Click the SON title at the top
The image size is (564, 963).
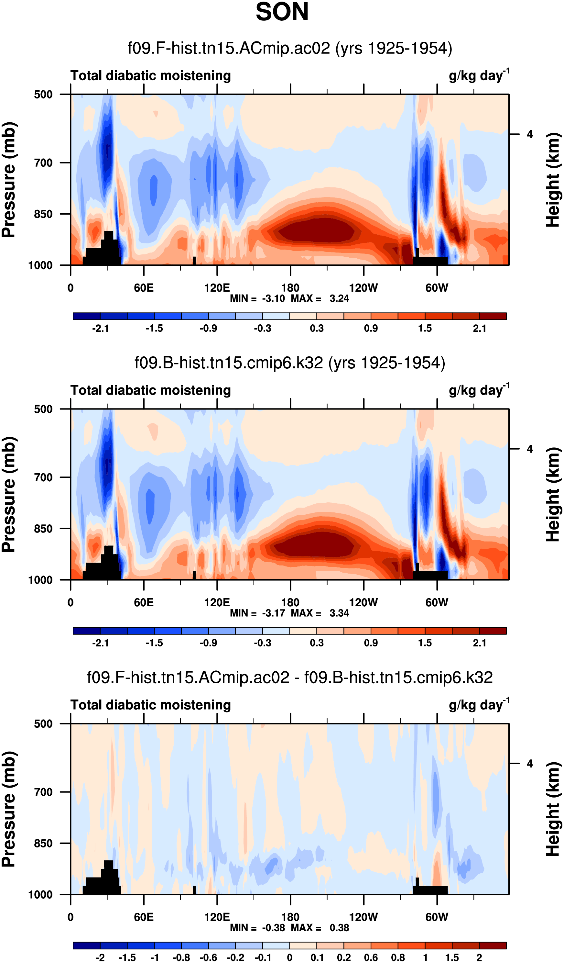[282, 12]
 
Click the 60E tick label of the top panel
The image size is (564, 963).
[144, 288]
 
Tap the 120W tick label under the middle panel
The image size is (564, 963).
[363, 603]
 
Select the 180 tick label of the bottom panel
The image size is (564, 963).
[290, 917]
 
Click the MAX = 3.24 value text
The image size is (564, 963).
[320, 298]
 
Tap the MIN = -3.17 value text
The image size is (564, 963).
[257, 613]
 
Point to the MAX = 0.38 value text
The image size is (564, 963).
[320, 928]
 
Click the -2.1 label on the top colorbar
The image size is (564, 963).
[101, 329]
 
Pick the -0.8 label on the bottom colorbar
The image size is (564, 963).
[181, 957]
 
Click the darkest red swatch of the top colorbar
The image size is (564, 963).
[493, 316]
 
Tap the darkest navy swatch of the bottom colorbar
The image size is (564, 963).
[87, 946]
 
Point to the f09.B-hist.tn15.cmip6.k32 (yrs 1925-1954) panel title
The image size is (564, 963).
[290, 363]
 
